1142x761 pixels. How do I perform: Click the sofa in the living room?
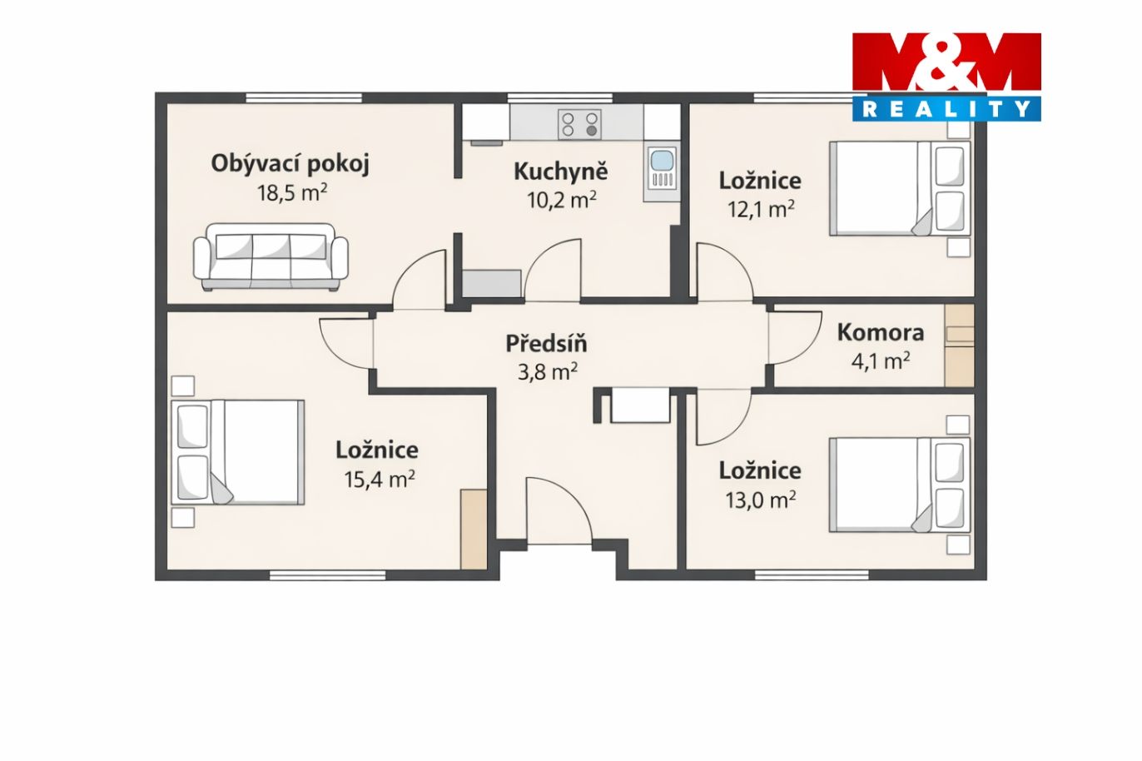point(271,257)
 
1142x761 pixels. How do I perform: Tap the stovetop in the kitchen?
point(579,124)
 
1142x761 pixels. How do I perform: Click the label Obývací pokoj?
point(290,164)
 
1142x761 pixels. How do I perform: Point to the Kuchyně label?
point(561,172)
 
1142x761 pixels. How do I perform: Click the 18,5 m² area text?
point(291,193)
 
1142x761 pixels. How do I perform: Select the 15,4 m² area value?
point(379,479)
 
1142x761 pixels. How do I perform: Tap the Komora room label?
point(881,332)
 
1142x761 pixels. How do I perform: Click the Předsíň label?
point(546,343)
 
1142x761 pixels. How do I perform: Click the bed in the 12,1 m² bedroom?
point(900,188)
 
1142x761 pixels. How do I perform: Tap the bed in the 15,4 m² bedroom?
point(238,452)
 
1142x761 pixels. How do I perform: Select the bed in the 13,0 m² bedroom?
point(900,485)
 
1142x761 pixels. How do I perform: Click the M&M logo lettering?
point(946,62)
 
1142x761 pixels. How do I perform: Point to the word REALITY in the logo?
point(946,109)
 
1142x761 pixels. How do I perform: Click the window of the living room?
point(304,97)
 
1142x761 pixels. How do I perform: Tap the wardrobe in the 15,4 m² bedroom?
point(474,529)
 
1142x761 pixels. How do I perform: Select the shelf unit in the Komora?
point(959,346)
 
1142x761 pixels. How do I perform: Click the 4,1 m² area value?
point(881,361)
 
